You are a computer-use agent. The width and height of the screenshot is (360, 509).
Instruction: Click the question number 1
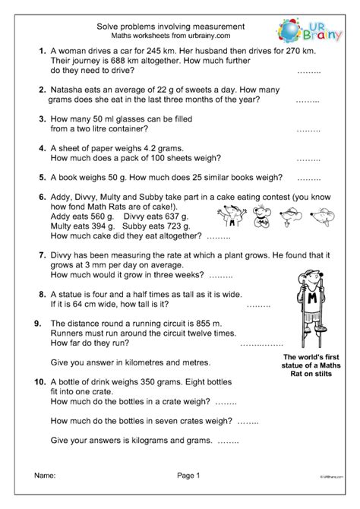pos(41,52)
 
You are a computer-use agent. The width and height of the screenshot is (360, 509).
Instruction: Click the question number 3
pos(41,119)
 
